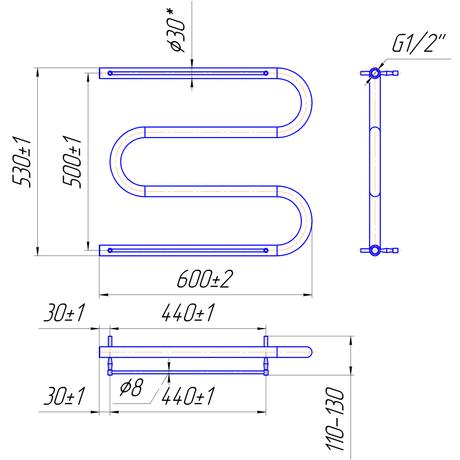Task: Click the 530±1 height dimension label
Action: click(x=22, y=161)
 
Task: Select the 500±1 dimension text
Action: click(x=72, y=161)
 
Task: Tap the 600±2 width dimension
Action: click(x=205, y=279)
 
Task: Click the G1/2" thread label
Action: click(x=419, y=44)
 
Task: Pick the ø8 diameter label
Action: click(x=131, y=387)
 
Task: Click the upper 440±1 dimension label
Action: click(x=188, y=313)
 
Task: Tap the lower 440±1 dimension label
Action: click(x=188, y=396)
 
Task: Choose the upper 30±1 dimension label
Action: click(x=64, y=313)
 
